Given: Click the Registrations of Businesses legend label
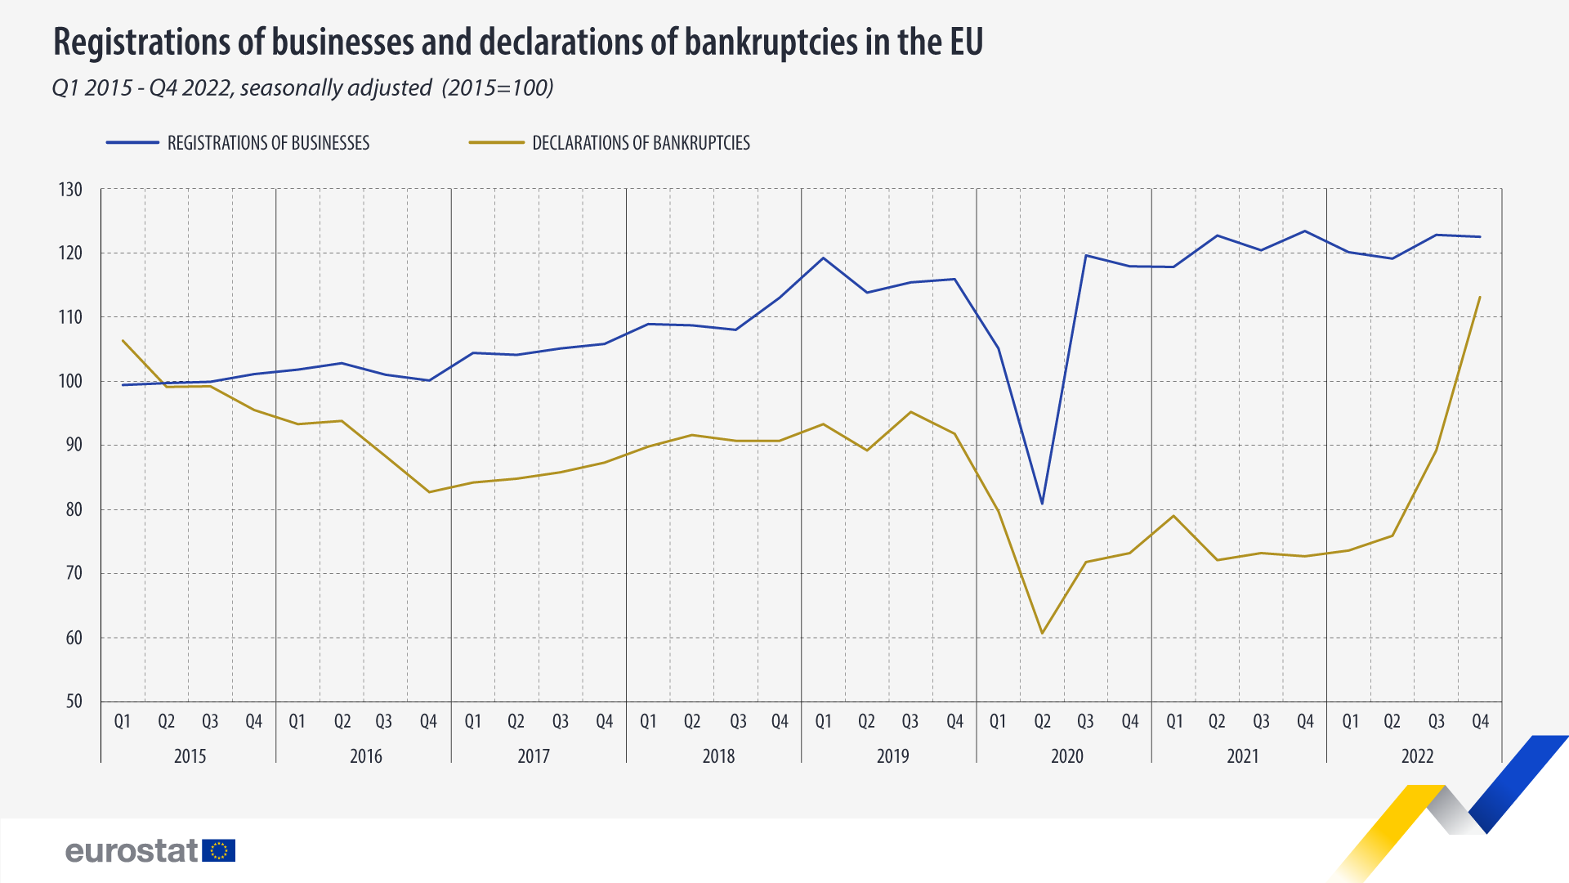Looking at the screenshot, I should click(x=268, y=143).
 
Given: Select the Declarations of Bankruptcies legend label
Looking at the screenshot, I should click(x=641, y=143).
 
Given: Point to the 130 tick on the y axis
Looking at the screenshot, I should click(x=71, y=190).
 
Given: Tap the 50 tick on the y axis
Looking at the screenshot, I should click(x=74, y=701).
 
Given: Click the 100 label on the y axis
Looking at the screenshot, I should click(x=71, y=382).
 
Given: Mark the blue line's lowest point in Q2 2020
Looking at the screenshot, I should click(x=1042, y=504).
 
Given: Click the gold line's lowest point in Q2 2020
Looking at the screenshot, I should click(x=1042, y=633).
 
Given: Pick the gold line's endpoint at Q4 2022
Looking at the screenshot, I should click(x=1480, y=297).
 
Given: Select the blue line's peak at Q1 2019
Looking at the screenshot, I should click(x=823, y=258).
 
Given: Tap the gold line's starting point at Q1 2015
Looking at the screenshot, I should click(x=123, y=341).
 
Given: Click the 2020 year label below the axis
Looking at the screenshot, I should click(x=1066, y=756).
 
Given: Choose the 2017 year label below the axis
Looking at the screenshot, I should click(x=534, y=756).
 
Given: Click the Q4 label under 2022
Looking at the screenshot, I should click(x=1480, y=722).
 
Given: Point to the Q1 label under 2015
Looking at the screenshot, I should click(x=123, y=722).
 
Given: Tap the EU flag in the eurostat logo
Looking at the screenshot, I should click(x=218, y=851).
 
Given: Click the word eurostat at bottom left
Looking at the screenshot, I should click(x=131, y=851).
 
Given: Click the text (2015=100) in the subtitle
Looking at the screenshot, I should click(x=498, y=87).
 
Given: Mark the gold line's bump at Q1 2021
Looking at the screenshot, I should click(x=1173, y=516).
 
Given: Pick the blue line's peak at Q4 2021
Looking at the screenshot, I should click(x=1305, y=231).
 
